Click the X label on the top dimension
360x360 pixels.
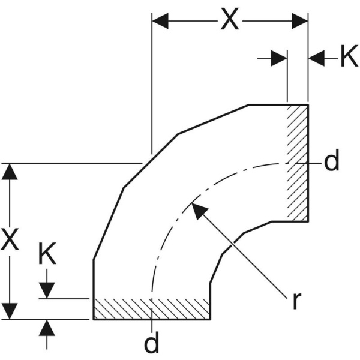(230, 19)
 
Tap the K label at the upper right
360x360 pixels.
(348, 58)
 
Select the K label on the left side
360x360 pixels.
(47, 254)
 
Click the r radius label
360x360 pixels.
(296, 301)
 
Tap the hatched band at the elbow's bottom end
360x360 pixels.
(151, 308)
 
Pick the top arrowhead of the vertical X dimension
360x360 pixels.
(9, 171)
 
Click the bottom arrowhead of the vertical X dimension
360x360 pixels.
(9, 311)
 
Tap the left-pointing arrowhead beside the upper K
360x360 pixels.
(316, 58)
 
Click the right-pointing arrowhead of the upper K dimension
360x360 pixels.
(280, 58)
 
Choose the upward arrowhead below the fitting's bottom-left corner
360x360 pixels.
(48, 328)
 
